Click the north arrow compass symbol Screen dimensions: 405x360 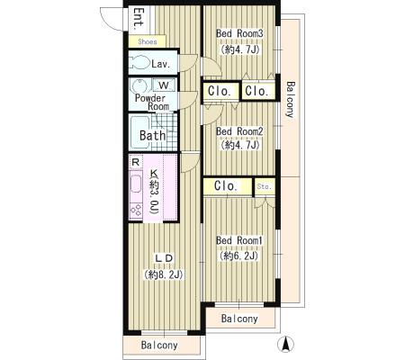point(285,344)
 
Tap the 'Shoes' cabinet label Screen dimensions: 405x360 point(148,41)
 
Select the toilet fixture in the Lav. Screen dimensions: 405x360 point(140,62)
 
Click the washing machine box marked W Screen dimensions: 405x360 point(164,85)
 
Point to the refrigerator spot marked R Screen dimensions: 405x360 point(136,162)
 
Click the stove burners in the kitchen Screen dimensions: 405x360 point(136,210)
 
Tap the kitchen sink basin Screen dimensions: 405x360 point(136,184)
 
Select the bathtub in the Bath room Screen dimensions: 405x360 point(140,132)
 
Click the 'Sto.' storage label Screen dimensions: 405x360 point(264,186)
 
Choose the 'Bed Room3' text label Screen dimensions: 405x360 point(239,33)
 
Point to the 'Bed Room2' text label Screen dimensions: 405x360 point(239,131)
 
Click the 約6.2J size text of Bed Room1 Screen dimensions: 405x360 point(239,256)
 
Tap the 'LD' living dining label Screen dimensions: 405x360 point(164,258)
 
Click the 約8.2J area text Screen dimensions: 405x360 point(164,274)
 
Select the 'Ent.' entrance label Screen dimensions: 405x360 point(139,19)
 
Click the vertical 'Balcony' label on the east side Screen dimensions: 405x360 point(290,100)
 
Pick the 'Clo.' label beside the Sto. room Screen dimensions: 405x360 point(226,186)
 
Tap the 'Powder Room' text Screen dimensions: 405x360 point(152,102)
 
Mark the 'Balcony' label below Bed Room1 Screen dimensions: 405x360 point(239,319)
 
